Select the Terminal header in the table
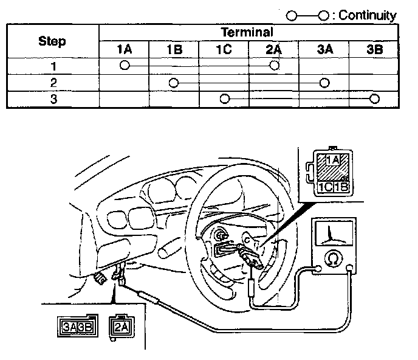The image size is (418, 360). pyautogui.click(x=247, y=32)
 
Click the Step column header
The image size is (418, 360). pyautogui.click(x=52, y=41)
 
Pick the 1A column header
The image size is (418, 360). pyautogui.click(x=125, y=49)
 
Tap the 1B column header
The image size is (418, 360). pyautogui.click(x=174, y=49)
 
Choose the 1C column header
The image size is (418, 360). pyautogui.click(x=224, y=49)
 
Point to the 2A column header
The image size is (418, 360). pyautogui.click(x=274, y=49)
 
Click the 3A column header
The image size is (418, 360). pyautogui.click(x=324, y=49)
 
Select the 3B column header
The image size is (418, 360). pyautogui.click(x=375, y=49)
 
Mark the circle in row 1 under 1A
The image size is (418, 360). pyautogui.click(x=125, y=64)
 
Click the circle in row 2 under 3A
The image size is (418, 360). pyautogui.click(x=324, y=82)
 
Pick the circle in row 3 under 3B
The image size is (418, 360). pyautogui.click(x=375, y=99)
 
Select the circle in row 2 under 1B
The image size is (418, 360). pyautogui.click(x=174, y=82)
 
